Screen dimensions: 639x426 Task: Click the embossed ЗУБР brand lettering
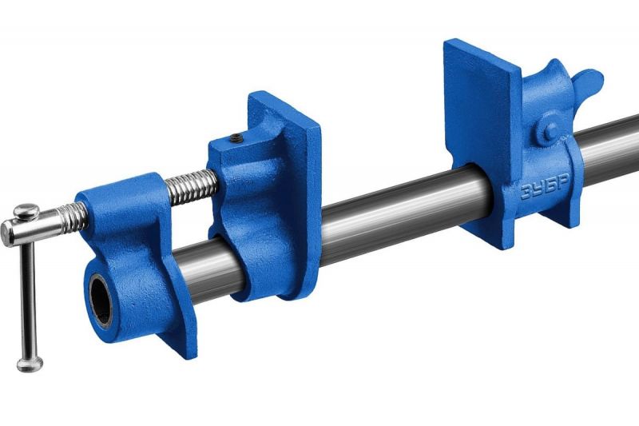tap(544, 189)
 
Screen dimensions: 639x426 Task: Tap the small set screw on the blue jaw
tap(236, 139)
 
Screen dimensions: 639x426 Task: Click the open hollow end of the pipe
tap(101, 301)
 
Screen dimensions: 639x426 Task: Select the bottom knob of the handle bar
tap(30, 364)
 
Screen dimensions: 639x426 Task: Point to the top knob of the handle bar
tap(26, 211)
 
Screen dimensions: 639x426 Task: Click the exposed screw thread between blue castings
tap(192, 186)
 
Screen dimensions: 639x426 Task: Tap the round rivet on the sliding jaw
tap(550, 131)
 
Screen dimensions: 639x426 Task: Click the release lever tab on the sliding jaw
tap(585, 82)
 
